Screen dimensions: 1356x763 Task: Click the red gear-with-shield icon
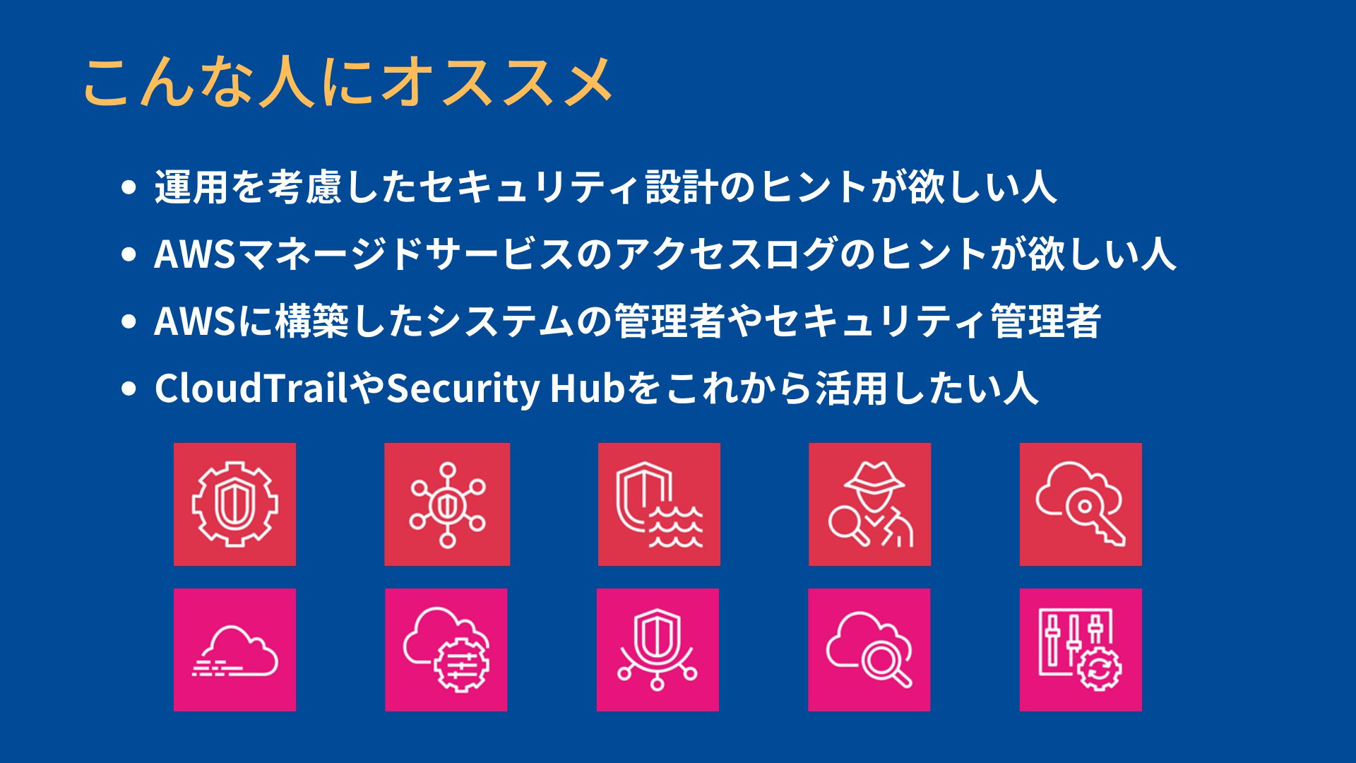point(234,504)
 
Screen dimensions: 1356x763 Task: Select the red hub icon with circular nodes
point(447,504)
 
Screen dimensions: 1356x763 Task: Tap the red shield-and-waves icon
point(659,504)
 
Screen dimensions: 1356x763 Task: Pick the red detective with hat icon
point(869,504)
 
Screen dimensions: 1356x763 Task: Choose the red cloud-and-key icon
point(1081,504)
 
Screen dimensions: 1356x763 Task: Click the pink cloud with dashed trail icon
point(234,650)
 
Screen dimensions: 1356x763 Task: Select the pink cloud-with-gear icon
point(446,650)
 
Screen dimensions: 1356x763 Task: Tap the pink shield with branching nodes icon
point(658,650)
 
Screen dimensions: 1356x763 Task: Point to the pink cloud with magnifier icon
point(869,650)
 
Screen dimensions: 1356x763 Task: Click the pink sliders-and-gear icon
point(1081,650)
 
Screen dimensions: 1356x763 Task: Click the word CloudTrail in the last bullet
point(251,389)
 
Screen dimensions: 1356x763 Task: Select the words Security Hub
point(506,389)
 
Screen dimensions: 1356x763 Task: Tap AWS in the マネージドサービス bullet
point(195,254)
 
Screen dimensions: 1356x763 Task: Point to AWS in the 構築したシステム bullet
point(195,321)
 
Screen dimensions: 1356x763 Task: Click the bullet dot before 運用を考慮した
point(129,188)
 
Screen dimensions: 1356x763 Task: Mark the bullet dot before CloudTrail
point(129,389)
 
